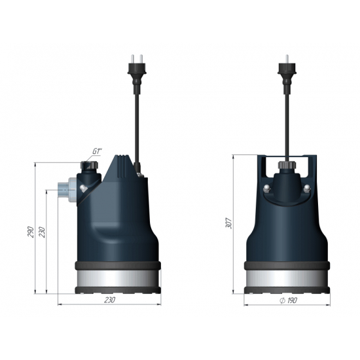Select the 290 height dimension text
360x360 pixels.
pyautogui.click(x=31, y=233)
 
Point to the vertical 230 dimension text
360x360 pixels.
pyautogui.click(x=43, y=233)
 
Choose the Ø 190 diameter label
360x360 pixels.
pyautogui.click(x=285, y=300)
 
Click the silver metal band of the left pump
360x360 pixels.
pyautogui.click(x=109, y=279)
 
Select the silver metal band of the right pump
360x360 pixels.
pyautogui.click(x=285, y=280)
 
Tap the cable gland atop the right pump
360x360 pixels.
pyautogui.click(x=285, y=168)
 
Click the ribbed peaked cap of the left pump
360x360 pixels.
pyautogui.click(x=122, y=169)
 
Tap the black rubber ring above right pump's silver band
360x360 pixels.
pyautogui.click(x=285, y=266)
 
